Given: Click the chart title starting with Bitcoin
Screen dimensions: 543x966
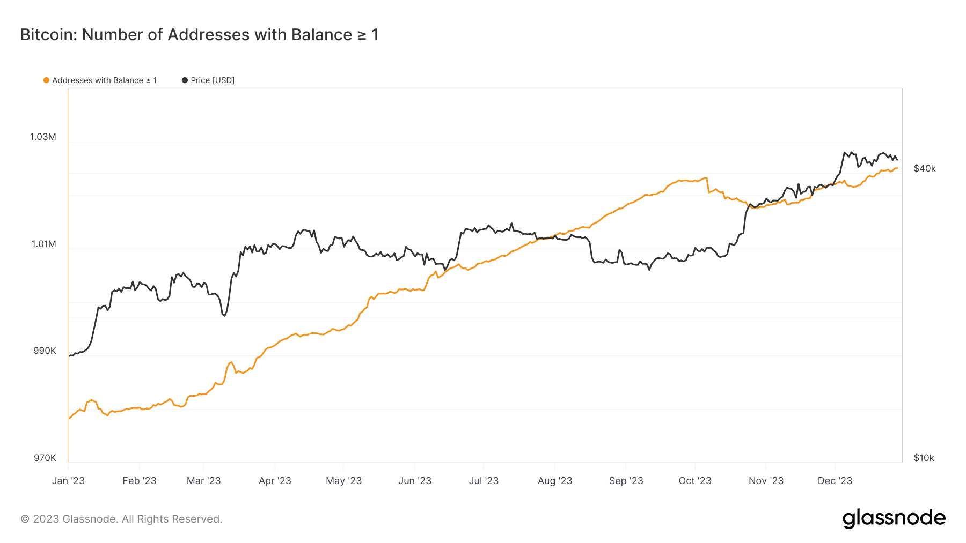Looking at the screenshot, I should click(199, 35).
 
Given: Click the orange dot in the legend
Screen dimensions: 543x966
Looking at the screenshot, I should click(46, 80).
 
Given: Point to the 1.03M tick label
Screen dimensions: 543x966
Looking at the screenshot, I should click(43, 137).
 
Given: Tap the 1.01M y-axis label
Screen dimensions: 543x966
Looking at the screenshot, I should click(43, 244).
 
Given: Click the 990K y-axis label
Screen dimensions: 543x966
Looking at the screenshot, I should click(45, 351).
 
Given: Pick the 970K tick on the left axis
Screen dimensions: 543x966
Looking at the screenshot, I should click(45, 458).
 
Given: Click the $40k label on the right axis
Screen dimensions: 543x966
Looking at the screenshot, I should click(924, 168).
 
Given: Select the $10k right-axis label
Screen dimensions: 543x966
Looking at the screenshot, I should click(924, 458).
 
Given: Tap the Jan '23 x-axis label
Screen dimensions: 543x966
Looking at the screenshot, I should click(68, 481).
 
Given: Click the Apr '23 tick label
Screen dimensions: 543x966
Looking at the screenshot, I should click(275, 481).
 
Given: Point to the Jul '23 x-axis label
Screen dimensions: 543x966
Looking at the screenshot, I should click(484, 481).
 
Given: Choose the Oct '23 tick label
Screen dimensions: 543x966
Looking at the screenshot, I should click(694, 481).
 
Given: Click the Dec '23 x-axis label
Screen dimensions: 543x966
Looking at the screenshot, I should click(835, 481).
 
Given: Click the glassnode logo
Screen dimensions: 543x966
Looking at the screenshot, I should click(894, 518).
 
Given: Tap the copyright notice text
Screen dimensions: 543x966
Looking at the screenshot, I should click(121, 519).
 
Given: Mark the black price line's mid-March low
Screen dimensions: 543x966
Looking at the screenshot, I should click(224, 316).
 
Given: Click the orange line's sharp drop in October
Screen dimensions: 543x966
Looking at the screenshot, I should click(708, 185).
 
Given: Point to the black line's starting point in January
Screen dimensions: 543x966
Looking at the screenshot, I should click(69, 356).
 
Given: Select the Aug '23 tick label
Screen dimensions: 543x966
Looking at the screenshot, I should click(555, 481).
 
